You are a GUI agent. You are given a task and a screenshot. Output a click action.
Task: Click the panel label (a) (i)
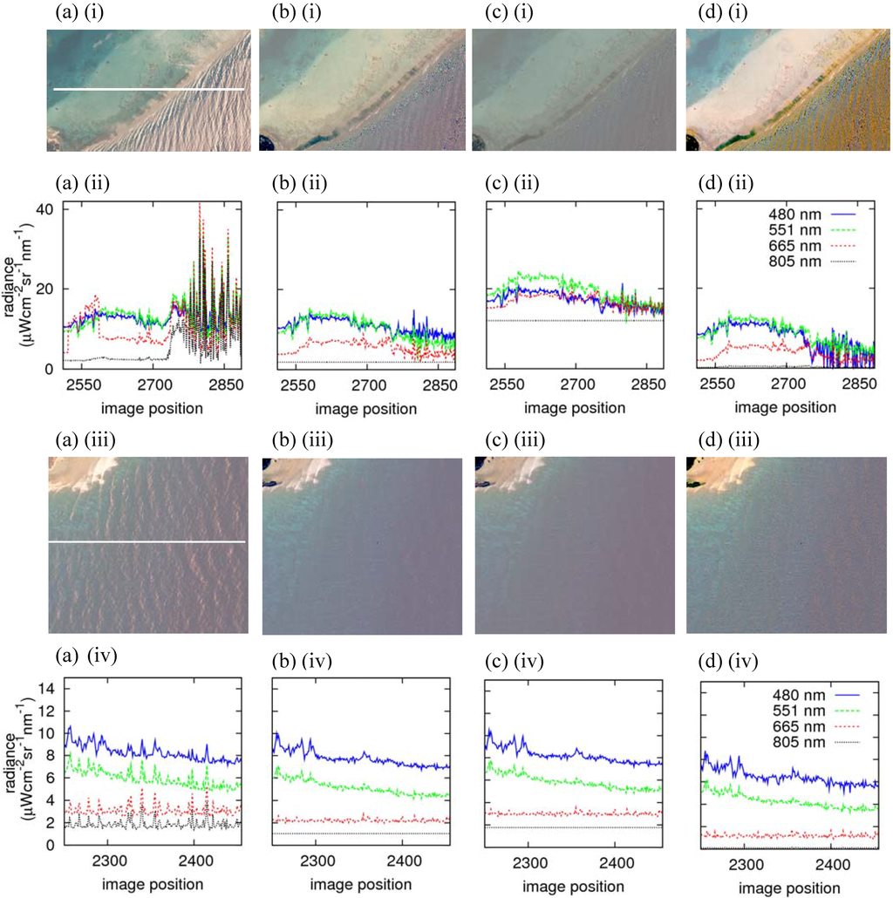(67, 12)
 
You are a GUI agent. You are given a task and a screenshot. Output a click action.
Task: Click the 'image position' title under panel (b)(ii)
(358, 407)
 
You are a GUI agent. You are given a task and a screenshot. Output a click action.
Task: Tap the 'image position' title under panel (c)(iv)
(572, 885)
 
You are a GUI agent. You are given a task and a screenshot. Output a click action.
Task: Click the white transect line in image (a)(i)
(148, 89)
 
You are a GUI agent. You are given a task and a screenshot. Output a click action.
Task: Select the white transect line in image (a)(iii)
(146, 542)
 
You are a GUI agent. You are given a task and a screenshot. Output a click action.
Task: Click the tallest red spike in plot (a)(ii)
(200, 206)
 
